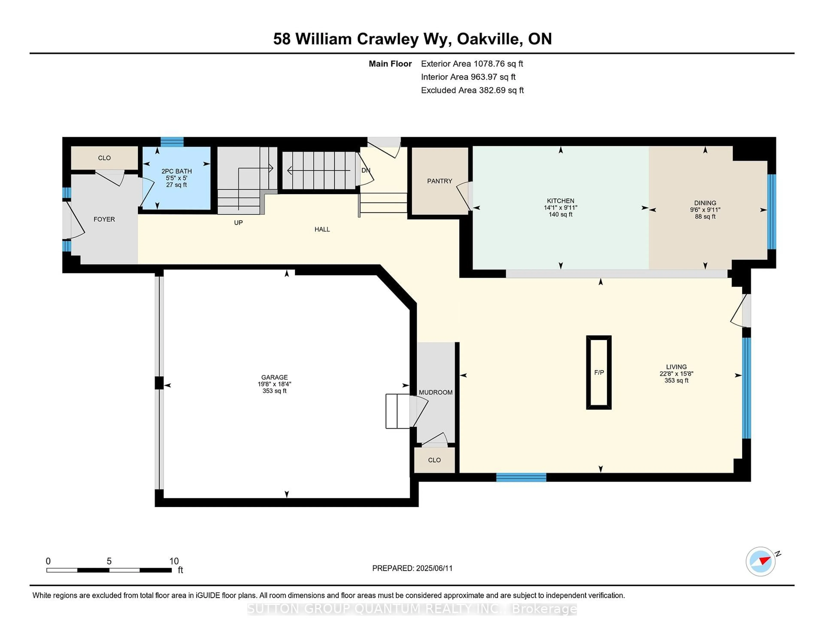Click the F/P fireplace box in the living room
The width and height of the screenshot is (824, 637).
[x=599, y=372]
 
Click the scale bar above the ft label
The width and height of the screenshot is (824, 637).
[x=109, y=570]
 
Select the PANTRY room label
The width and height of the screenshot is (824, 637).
[x=439, y=181]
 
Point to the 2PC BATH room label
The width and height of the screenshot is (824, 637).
[x=177, y=171]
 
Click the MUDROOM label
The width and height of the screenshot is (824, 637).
[x=436, y=393]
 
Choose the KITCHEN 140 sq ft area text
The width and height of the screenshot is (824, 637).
[x=561, y=214]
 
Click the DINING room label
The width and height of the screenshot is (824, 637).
[x=705, y=203]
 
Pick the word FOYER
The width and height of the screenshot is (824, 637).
[x=104, y=219]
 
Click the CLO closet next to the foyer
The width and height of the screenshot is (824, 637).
[x=105, y=158]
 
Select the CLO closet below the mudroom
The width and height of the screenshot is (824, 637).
[x=434, y=460]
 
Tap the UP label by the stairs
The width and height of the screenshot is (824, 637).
[x=238, y=223]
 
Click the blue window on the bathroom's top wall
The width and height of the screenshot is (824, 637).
[x=172, y=142]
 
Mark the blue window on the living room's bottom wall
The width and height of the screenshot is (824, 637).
[x=521, y=477]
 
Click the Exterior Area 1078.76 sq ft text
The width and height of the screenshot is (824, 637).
[x=472, y=64]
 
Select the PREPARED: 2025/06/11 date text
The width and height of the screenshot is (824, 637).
[x=412, y=568]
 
